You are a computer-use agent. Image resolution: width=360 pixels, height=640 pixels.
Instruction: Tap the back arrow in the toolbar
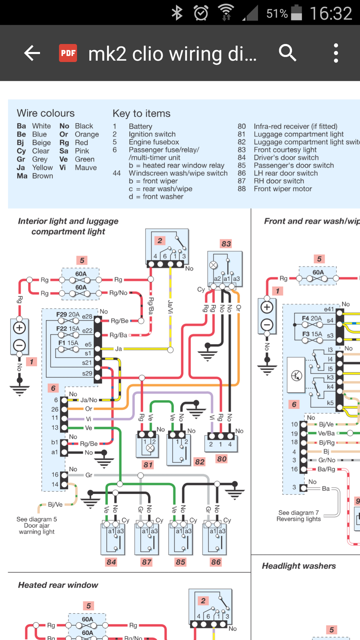(x=32, y=53)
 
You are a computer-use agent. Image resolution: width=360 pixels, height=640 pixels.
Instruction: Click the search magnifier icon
(x=287, y=53)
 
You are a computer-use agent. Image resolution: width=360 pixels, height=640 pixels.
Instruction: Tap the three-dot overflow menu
(x=336, y=53)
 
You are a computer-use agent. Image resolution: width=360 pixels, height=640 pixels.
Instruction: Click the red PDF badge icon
(x=68, y=53)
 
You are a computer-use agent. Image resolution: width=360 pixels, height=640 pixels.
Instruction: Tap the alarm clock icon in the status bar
(x=201, y=13)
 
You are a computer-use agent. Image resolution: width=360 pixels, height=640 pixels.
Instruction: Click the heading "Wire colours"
(x=46, y=113)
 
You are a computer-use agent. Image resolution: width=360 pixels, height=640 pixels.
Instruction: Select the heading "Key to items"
(x=141, y=114)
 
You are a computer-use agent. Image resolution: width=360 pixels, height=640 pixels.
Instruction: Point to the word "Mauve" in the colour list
(x=86, y=168)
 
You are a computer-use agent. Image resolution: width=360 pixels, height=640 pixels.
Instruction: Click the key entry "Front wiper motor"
(x=282, y=189)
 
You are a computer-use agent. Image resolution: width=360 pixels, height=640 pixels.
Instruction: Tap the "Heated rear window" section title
(x=58, y=585)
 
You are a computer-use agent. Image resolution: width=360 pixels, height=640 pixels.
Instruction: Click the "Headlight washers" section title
(x=299, y=566)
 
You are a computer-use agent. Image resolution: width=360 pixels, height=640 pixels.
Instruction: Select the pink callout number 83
(x=226, y=244)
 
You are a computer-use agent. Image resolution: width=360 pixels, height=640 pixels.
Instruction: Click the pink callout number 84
(x=111, y=562)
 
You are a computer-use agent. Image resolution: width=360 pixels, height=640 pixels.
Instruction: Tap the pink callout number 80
(x=222, y=459)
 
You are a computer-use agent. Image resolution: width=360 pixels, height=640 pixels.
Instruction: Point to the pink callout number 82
(x=200, y=462)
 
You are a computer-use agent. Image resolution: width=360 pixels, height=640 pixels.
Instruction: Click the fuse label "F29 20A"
(x=68, y=315)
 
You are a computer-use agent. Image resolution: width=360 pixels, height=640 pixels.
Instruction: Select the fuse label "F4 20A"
(x=312, y=318)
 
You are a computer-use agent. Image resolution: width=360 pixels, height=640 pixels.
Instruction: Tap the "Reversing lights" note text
(x=298, y=519)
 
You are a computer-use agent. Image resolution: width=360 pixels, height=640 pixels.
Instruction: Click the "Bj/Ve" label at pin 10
(x=326, y=424)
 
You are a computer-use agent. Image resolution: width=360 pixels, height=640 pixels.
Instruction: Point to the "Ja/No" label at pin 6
(x=89, y=400)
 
